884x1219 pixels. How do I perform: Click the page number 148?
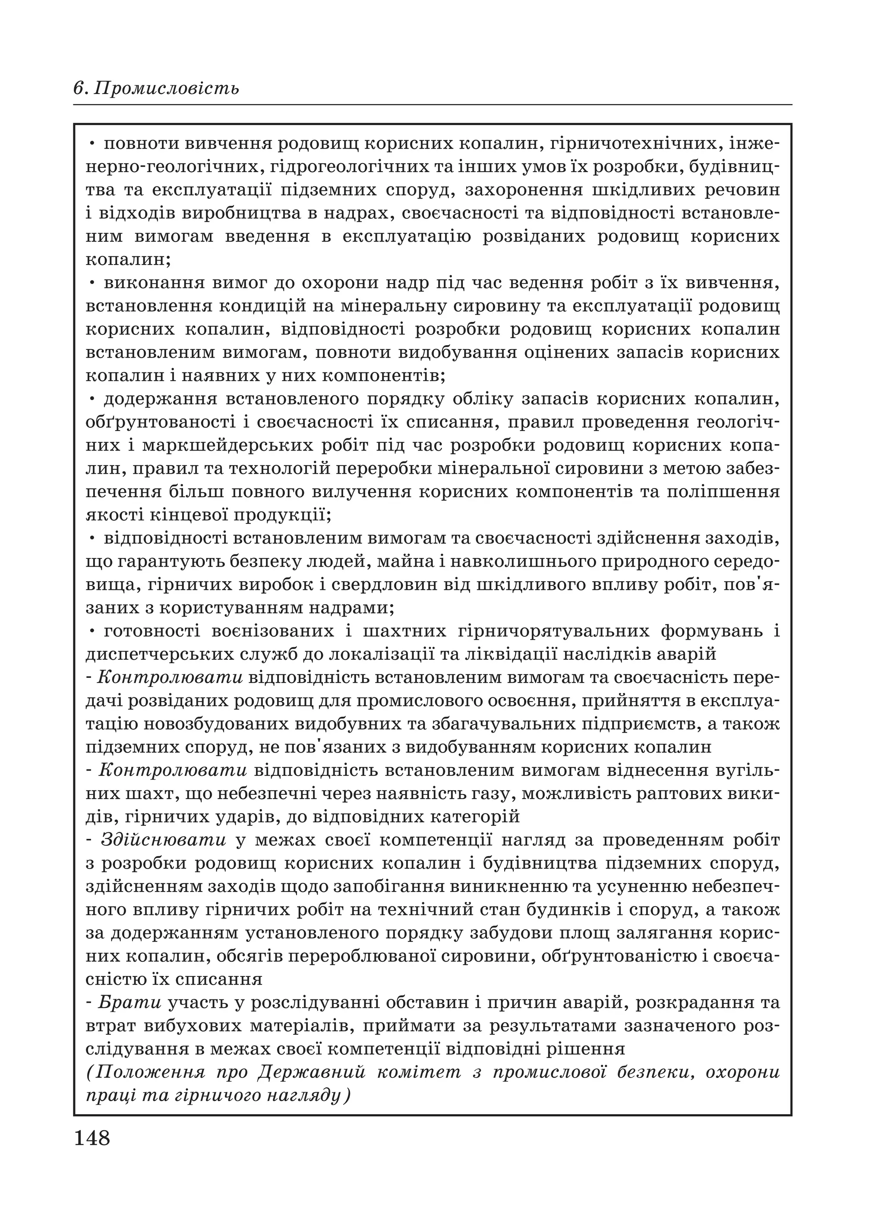[x=92, y=1137]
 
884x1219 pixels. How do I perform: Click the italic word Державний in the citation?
[x=312, y=1072]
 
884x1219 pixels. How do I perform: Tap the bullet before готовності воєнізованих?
[x=92, y=630]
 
